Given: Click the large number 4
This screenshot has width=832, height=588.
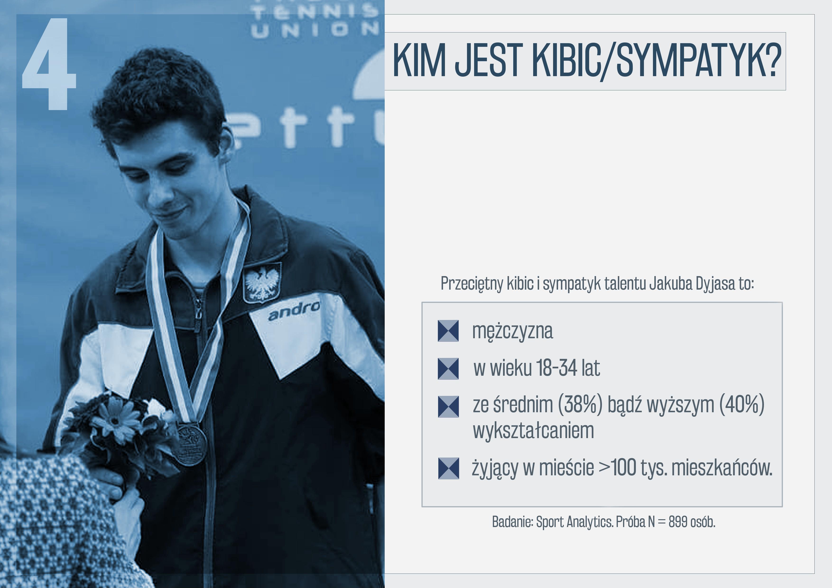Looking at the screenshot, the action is (x=49, y=64).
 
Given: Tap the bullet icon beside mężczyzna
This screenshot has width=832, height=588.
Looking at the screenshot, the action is (x=448, y=331).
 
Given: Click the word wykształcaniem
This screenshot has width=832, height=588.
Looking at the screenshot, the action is (x=533, y=431).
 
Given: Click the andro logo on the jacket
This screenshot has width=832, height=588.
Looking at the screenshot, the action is (x=294, y=310).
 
